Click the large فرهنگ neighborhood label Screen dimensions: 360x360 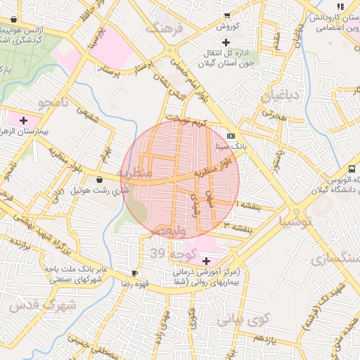tap(163, 28)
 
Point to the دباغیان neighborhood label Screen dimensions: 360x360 tap(281, 95)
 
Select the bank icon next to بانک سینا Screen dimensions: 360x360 tap(231, 136)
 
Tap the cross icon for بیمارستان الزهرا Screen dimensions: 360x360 tap(25, 120)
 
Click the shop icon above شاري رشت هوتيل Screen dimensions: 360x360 tap(98, 179)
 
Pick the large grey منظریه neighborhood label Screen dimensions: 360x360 tap(134, 173)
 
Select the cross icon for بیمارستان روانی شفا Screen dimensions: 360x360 tap(205, 261)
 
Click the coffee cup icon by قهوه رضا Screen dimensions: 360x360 tap(134, 273)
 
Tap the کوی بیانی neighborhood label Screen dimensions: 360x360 tap(243, 320)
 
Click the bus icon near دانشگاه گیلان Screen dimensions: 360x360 tap(351, 169)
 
